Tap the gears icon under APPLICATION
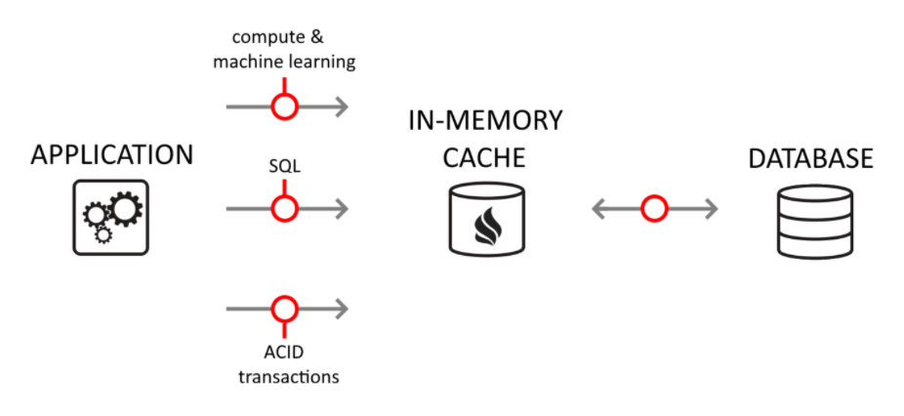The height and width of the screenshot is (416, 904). click(x=111, y=218)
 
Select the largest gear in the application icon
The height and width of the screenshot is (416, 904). click(x=125, y=208)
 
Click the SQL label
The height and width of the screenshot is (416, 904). click(x=284, y=167)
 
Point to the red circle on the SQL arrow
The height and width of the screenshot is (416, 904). click(x=284, y=208)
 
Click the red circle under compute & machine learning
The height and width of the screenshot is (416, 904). click(x=284, y=106)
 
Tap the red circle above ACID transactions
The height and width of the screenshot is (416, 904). click(x=284, y=310)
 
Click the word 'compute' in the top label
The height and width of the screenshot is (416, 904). click(x=265, y=38)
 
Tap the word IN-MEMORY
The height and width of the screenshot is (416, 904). click(x=485, y=121)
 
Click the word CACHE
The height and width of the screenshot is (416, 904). click(x=484, y=157)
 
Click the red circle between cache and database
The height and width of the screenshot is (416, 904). click(x=654, y=208)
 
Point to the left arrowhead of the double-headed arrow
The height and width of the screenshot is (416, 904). click(x=598, y=208)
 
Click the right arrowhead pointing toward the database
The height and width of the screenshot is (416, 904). click(x=711, y=208)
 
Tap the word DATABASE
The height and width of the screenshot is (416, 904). click(x=810, y=158)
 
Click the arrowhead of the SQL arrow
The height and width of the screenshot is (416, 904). click(x=341, y=208)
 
